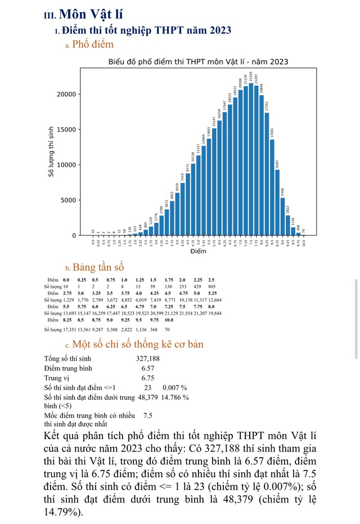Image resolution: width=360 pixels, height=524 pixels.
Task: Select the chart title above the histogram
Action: [199, 61]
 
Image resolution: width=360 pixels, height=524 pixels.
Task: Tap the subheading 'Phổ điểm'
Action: [93, 44]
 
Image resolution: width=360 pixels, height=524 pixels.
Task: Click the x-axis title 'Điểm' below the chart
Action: [198, 251]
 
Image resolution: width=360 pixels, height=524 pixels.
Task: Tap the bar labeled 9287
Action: [277, 203]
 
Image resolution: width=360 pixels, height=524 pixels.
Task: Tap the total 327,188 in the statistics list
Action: [148, 359]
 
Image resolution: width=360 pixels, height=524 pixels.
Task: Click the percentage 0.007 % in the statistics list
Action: [174, 387]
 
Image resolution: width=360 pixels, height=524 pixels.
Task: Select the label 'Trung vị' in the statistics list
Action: [56, 378]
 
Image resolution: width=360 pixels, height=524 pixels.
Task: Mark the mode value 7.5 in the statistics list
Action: [148, 415]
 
